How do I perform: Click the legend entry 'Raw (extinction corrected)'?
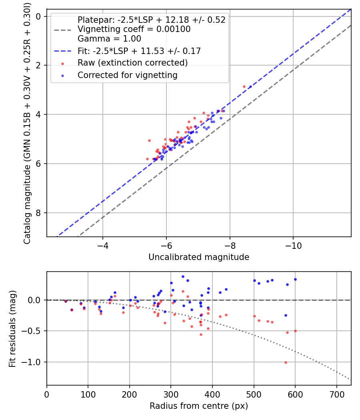[132, 63]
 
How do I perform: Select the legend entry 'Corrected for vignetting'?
[127, 75]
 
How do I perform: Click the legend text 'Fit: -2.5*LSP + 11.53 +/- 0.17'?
[139, 51]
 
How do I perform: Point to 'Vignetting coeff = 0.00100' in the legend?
[134, 29]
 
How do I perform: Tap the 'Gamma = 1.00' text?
[109, 39]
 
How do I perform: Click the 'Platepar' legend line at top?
[151, 20]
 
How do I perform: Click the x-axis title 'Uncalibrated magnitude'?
[199, 257]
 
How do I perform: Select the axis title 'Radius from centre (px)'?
[199, 406]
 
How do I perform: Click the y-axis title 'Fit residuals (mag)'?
[12, 328]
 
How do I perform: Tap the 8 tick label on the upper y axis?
[39, 213]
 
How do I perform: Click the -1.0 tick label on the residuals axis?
[33, 362]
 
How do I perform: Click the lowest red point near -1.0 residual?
[286, 362]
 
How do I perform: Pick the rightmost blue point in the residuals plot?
[295, 279]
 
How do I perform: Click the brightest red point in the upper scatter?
[244, 86]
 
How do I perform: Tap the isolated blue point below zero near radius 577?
[286, 315]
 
